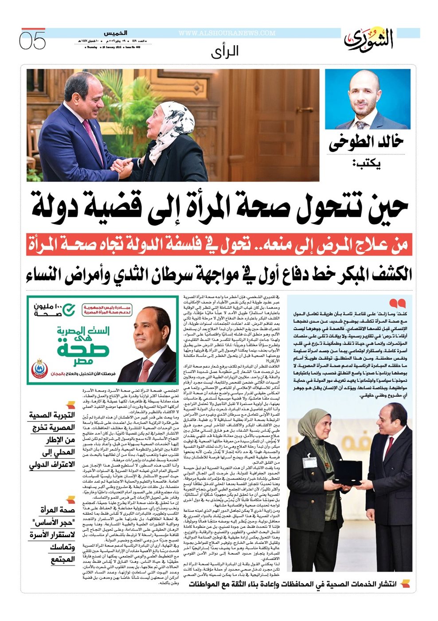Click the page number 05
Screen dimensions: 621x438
32,40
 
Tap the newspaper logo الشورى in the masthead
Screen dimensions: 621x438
369,39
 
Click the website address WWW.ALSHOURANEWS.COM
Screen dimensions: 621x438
227,33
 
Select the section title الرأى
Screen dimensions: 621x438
225,51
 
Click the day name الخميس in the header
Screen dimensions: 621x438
116,33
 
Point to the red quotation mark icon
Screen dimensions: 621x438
397,303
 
